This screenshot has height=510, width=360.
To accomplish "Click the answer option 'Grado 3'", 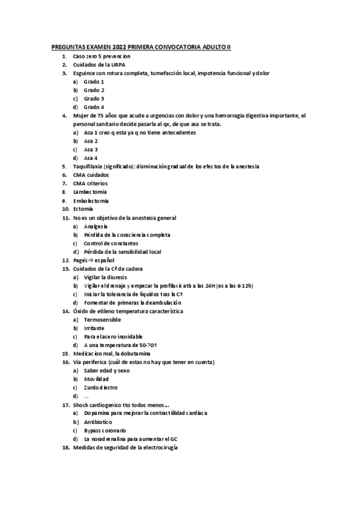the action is pyautogui.click(x=94, y=98).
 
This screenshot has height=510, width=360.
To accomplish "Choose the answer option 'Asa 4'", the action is pyautogui.click(x=91, y=158).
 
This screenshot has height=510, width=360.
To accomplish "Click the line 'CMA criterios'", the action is pyautogui.click(x=90, y=183).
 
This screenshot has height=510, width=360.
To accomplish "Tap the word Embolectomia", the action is pyautogui.click(x=91, y=200).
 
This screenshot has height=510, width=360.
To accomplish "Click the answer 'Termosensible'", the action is pyautogui.click(x=102, y=320).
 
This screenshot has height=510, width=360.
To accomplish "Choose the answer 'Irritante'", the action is pyautogui.click(x=94, y=328).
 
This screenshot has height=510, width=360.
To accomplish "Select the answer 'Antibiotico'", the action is pyautogui.click(x=98, y=422).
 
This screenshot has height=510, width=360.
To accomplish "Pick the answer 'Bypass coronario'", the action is pyautogui.click(x=105, y=431).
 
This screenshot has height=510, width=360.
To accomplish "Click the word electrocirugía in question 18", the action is pyautogui.click(x=158, y=448).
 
